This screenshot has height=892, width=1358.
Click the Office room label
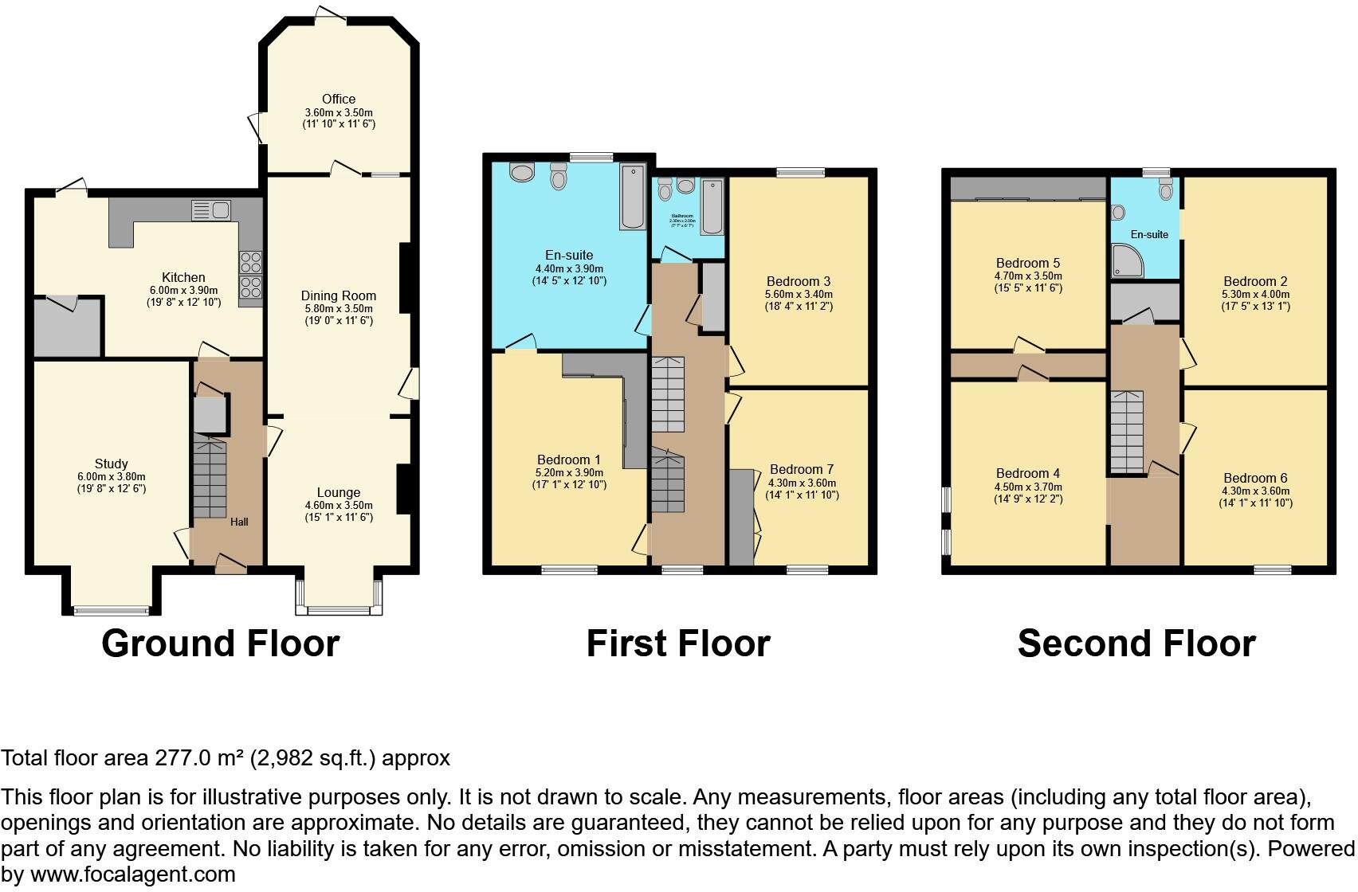point(339,100)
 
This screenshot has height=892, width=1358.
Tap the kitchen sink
point(211,210)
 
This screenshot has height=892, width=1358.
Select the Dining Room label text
point(339,295)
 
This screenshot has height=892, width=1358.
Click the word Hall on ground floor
point(239,522)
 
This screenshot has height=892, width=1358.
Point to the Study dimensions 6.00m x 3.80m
point(112,476)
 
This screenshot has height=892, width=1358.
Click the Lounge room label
point(339,493)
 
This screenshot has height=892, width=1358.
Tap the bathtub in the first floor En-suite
point(634,196)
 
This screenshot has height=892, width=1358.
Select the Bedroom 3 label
point(799,281)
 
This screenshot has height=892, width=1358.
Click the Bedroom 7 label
point(802,470)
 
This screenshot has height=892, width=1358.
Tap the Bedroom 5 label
point(1028,264)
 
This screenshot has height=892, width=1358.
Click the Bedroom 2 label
point(1255,281)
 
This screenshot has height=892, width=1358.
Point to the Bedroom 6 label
point(1255,478)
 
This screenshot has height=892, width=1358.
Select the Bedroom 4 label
point(1028,473)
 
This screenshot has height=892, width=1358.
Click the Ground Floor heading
point(221,644)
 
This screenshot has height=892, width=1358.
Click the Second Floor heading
point(1136,644)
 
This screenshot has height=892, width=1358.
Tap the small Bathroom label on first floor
point(681,216)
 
